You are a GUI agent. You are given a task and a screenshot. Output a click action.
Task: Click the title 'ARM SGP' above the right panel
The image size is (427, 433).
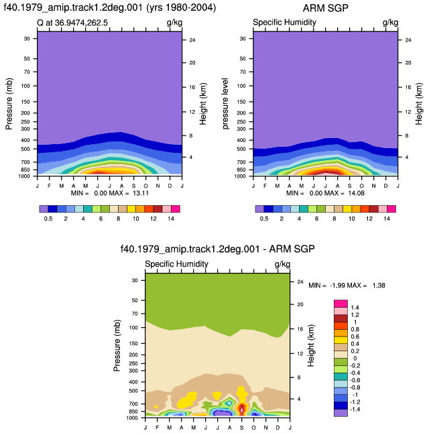click(325, 8)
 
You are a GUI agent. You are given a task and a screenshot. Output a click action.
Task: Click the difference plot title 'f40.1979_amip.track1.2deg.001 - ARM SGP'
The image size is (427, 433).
click(217, 249)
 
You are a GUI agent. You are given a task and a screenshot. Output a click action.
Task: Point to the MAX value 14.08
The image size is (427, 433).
click(356, 193)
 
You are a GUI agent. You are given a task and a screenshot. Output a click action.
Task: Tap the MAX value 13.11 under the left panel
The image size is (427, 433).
click(141, 193)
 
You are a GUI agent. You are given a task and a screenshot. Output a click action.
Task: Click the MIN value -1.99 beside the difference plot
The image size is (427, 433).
click(337, 286)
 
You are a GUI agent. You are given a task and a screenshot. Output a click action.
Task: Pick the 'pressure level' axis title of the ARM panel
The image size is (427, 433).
click(225, 103)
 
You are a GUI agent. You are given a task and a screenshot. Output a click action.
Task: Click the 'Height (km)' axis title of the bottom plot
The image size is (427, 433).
click(311, 345)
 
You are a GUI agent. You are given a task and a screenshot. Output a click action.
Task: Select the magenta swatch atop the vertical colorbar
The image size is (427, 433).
click(341, 304)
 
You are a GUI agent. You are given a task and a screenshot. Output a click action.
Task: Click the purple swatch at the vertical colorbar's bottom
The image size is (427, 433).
click(341, 413)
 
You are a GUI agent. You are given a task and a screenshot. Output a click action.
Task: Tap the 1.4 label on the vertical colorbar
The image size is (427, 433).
click(355, 308)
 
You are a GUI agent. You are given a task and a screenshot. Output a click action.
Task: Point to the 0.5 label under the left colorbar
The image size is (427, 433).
click(48, 219)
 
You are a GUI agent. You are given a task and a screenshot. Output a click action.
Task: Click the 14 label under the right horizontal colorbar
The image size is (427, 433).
click(387, 219)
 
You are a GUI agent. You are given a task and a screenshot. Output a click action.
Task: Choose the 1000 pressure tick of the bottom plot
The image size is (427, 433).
click(132, 418)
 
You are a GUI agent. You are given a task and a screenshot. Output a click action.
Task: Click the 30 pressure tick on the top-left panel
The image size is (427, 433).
click(27, 39)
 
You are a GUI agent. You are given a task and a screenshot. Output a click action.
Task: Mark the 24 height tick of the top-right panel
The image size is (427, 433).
click(408, 40)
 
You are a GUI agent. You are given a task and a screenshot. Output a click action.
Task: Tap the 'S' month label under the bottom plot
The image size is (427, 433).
click(242, 428)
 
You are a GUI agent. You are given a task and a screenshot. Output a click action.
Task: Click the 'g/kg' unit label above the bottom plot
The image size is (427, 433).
click(282, 264)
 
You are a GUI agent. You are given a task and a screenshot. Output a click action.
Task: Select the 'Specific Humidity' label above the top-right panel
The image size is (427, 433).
click(284, 22)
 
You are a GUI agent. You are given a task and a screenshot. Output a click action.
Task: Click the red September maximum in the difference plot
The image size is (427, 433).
click(242, 409)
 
